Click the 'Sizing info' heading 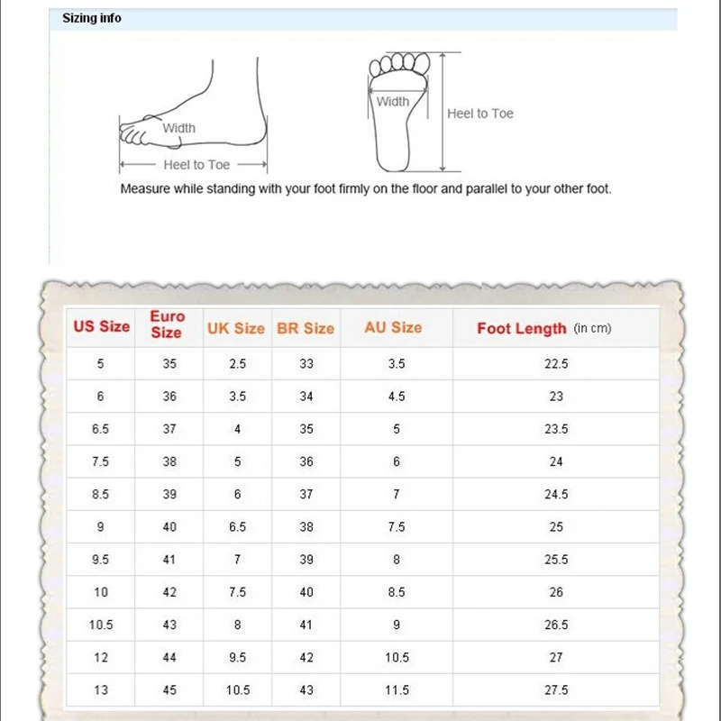92,18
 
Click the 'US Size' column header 101,326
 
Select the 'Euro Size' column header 168,324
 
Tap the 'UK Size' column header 236,329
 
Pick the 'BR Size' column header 306,329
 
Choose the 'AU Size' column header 393,327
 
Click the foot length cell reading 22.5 556,364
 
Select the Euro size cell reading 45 169,690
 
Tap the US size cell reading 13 101,690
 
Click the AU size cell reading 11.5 397,690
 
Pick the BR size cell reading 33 306,364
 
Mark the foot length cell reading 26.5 556,625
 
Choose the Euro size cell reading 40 169,527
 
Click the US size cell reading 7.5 101,461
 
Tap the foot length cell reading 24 556,461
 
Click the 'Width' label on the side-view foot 178,128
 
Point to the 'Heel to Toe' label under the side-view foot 196,165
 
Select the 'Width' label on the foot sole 393,102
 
